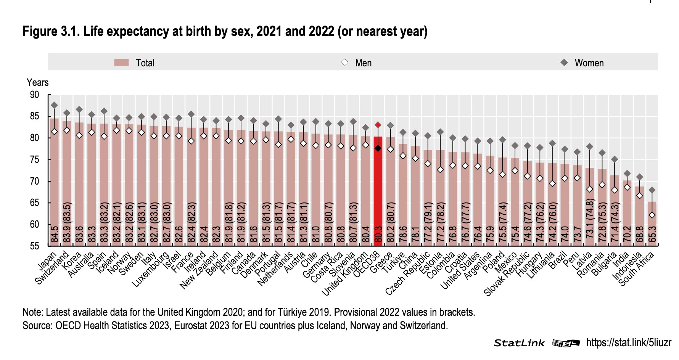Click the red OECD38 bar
[378, 191]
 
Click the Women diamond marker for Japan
[54, 105]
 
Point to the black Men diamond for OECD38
[378, 148]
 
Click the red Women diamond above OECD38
[378, 125]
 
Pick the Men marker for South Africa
[652, 215]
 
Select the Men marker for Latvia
[590, 189]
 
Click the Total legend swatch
[121, 63]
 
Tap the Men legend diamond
[344, 63]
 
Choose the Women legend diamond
[564, 63]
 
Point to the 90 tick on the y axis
[34, 95]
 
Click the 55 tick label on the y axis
[34, 246]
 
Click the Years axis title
[37, 82]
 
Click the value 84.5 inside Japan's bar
[55, 234]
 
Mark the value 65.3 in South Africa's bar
[652, 234]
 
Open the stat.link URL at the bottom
[628, 342]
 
